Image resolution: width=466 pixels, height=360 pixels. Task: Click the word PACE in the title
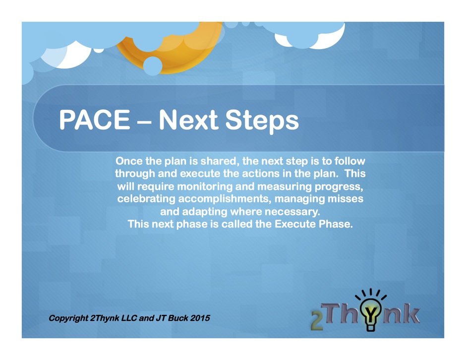click(95, 120)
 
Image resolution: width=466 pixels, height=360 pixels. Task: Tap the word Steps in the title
click(262, 122)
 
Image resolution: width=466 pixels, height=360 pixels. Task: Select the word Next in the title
click(189, 120)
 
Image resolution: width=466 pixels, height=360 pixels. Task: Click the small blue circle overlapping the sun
click(153, 66)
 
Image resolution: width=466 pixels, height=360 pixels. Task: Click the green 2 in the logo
click(317, 321)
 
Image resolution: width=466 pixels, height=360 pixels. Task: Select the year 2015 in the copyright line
click(200, 318)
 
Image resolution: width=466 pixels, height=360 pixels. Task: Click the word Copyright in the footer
click(68, 318)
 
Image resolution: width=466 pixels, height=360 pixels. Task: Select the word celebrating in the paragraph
click(146, 199)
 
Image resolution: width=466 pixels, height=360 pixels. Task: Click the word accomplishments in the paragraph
click(225, 199)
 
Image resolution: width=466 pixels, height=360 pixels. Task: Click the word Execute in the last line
click(295, 224)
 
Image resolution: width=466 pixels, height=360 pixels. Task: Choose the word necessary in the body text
click(292, 212)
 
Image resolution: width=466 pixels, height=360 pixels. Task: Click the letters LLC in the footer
click(129, 318)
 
